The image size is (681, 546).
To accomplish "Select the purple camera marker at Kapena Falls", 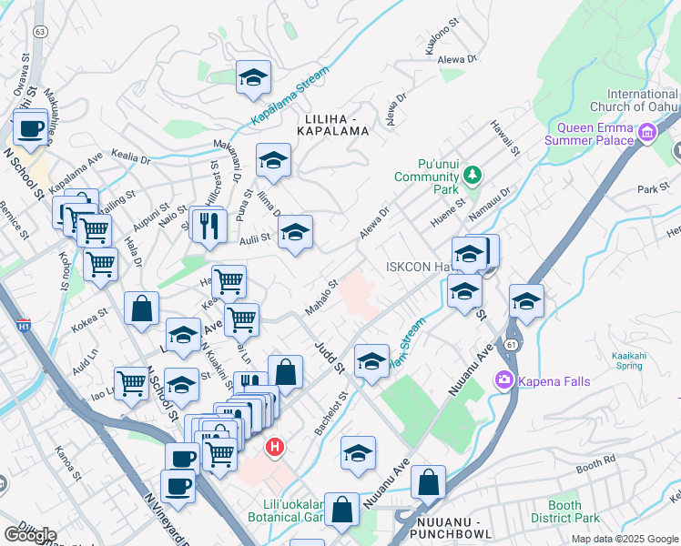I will pyautogui.click(x=502, y=379).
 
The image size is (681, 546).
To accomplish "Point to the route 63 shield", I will pyautogui.click(x=39, y=31).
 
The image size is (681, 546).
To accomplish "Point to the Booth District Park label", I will pyautogui.click(x=564, y=511).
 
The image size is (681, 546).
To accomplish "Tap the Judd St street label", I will pyautogui.click(x=324, y=357).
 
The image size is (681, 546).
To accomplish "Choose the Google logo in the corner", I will pyautogui.click(x=30, y=535).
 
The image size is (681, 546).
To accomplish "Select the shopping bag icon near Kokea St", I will pyautogui.click(x=142, y=308).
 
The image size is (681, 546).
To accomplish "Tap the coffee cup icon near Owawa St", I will pyautogui.click(x=30, y=128).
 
